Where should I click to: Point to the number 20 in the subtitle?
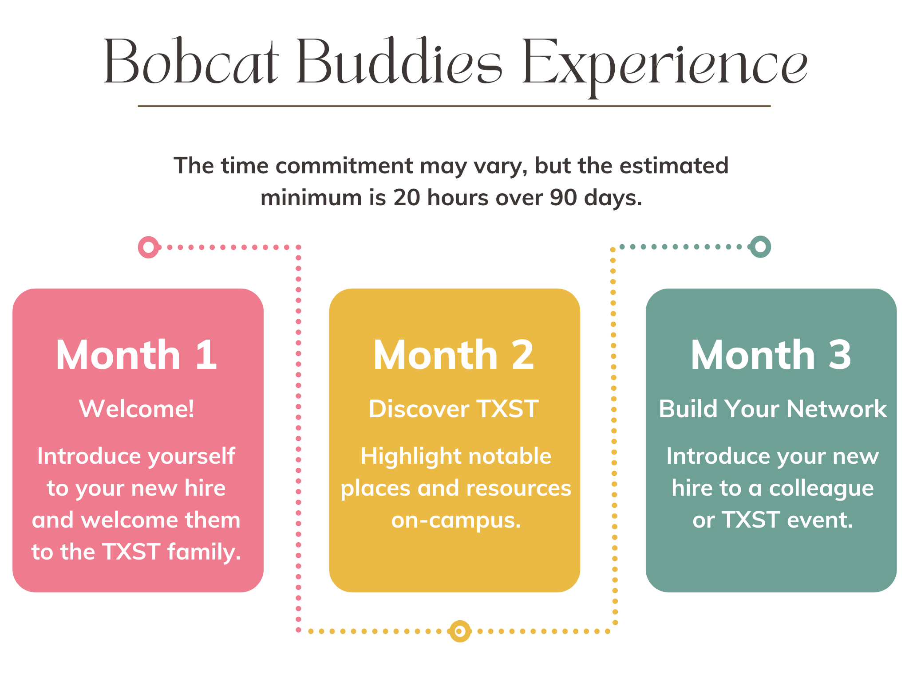(x=407, y=198)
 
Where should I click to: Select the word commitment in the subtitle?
(x=344, y=166)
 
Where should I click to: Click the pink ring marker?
(x=149, y=247)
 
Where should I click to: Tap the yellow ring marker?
(x=460, y=631)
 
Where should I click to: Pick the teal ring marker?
(x=760, y=247)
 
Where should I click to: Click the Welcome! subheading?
(x=137, y=408)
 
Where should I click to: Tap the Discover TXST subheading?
(x=454, y=408)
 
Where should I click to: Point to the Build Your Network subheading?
(x=773, y=408)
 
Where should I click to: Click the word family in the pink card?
(x=204, y=552)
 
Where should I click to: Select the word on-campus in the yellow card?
(x=456, y=520)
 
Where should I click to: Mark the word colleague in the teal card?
(x=821, y=489)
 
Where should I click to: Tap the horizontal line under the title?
(x=454, y=106)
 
